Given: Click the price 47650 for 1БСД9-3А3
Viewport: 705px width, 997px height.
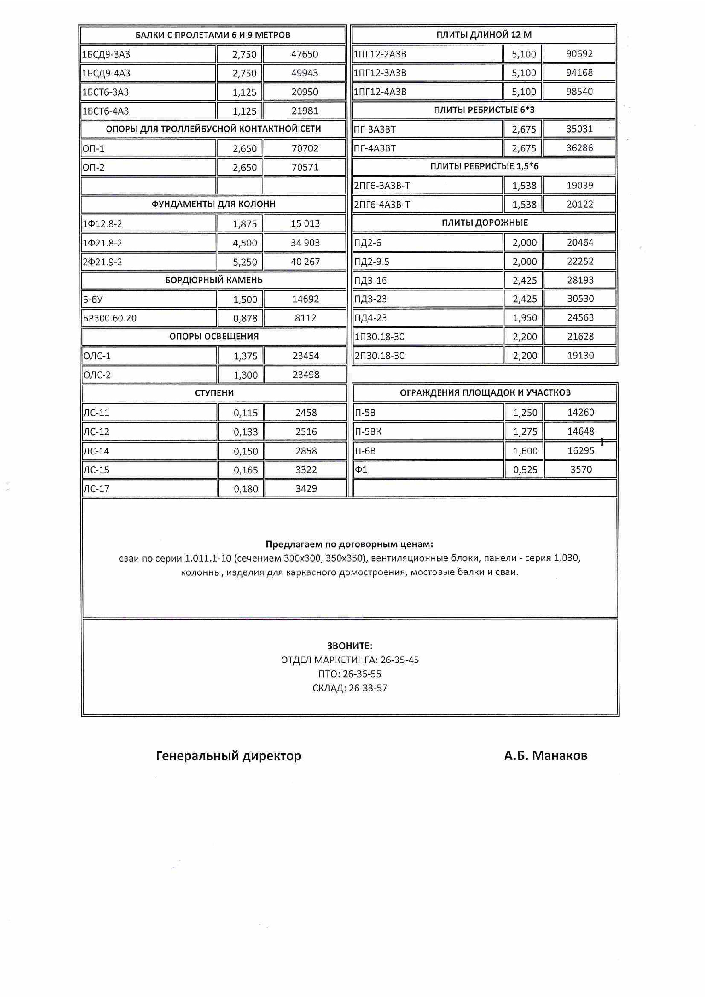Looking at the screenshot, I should point(305,54).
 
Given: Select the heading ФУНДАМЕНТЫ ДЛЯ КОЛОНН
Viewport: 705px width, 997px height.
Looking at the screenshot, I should point(213,204).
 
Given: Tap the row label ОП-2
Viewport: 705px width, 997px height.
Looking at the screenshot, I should point(94,167).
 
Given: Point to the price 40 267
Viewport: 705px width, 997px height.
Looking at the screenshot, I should point(305,262).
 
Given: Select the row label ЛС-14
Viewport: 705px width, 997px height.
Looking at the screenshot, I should point(96,451).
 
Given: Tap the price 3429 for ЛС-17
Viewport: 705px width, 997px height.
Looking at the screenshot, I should point(306,489).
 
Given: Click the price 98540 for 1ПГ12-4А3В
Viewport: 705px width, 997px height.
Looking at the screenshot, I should point(580,92).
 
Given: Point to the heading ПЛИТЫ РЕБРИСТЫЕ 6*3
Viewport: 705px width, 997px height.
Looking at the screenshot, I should point(484,110).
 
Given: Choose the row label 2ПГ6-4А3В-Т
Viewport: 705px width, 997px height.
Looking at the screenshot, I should point(382,205).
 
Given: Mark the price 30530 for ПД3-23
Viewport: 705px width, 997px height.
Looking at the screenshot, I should point(580,299).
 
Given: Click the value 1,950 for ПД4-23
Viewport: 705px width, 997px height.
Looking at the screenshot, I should point(525,318).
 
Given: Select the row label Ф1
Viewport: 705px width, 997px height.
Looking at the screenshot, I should point(361,470).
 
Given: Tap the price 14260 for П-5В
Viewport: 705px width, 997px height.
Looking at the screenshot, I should point(581,412).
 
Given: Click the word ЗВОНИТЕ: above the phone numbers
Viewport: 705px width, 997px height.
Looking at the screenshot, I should point(350,646).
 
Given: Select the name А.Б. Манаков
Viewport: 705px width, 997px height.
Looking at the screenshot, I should point(545,756).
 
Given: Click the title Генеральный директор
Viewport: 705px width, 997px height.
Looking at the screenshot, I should point(228,756).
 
